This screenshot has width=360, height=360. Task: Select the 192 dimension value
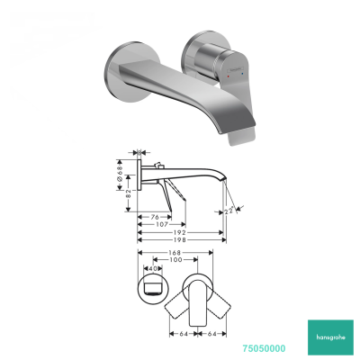181,231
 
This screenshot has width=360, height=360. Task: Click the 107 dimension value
159,223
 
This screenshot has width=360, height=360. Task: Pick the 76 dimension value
154,215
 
